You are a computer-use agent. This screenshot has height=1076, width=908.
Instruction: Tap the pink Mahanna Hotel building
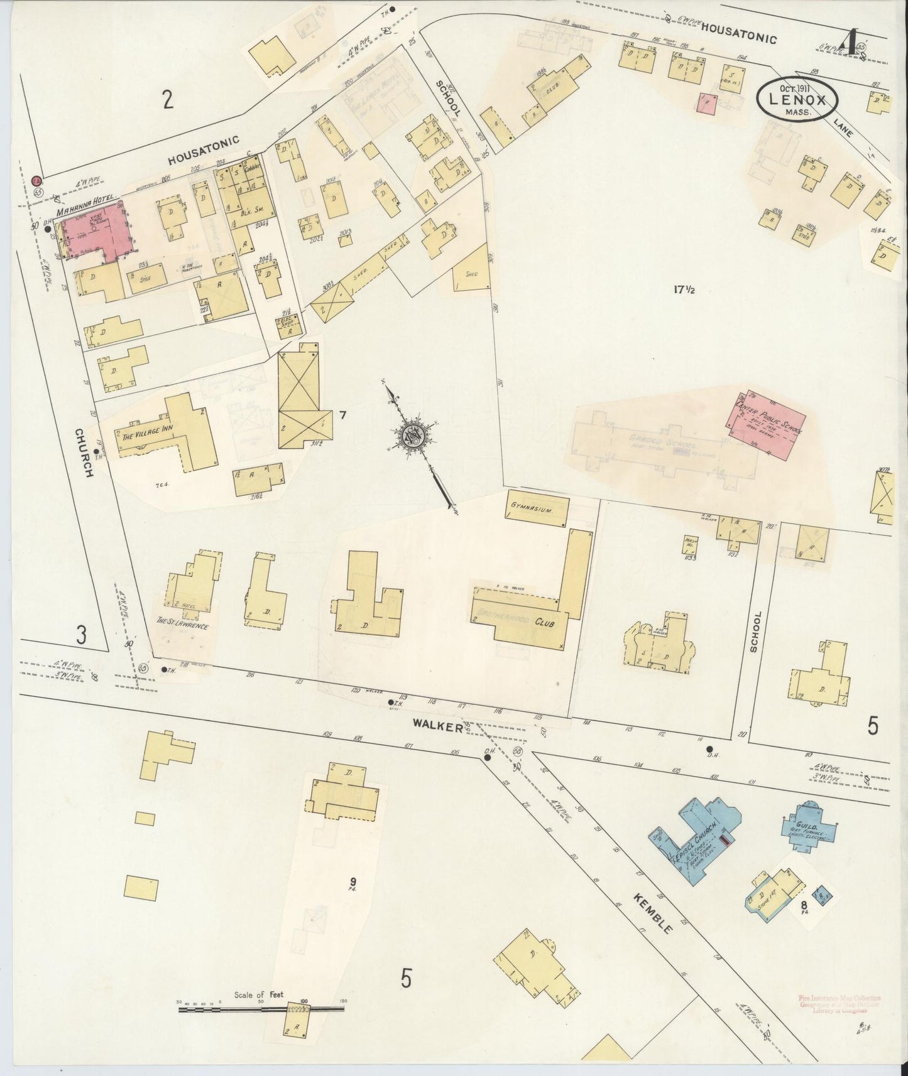click(x=94, y=230)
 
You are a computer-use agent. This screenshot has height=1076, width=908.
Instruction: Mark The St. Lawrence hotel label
click(x=182, y=625)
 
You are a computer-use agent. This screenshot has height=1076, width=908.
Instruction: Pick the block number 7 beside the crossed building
click(x=342, y=414)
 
